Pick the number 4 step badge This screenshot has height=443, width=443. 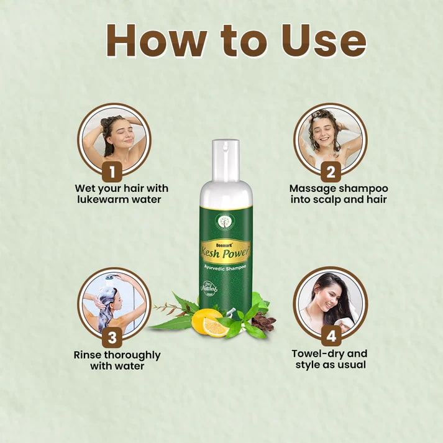point(331,337)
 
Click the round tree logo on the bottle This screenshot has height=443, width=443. point(226,221)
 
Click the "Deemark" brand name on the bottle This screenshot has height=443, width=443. point(214,244)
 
